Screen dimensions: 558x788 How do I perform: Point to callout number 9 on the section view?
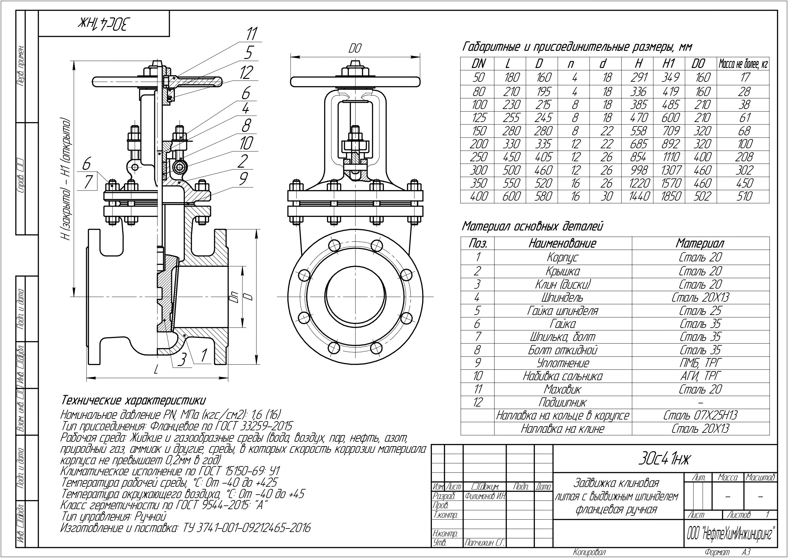(x=243, y=179)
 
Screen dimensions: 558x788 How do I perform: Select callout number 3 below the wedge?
(x=182, y=359)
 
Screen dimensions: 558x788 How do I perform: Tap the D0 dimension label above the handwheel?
(x=355, y=49)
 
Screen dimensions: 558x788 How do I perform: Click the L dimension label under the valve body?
(x=156, y=370)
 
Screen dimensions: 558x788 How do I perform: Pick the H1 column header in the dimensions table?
(x=669, y=64)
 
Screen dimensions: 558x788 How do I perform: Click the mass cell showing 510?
(x=744, y=196)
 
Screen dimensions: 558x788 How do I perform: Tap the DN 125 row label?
(x=478, y=118)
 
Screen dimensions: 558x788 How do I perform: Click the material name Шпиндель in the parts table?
(x=562, y=298)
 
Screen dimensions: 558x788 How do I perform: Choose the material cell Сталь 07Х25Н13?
(x=700, y=415)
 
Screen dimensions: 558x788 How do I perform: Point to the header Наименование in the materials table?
(x=562, y=244)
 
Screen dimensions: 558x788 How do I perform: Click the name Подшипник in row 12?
(x=562, y=402)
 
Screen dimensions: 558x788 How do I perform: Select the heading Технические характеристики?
(x=134, y=400)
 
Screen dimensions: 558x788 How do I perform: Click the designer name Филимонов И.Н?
(x=485, y=496)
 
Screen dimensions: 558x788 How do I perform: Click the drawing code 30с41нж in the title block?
(x=664, y=459)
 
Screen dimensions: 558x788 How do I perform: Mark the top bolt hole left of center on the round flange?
(x=334, y=246)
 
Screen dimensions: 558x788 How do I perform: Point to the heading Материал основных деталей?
(x=532, y=227)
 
